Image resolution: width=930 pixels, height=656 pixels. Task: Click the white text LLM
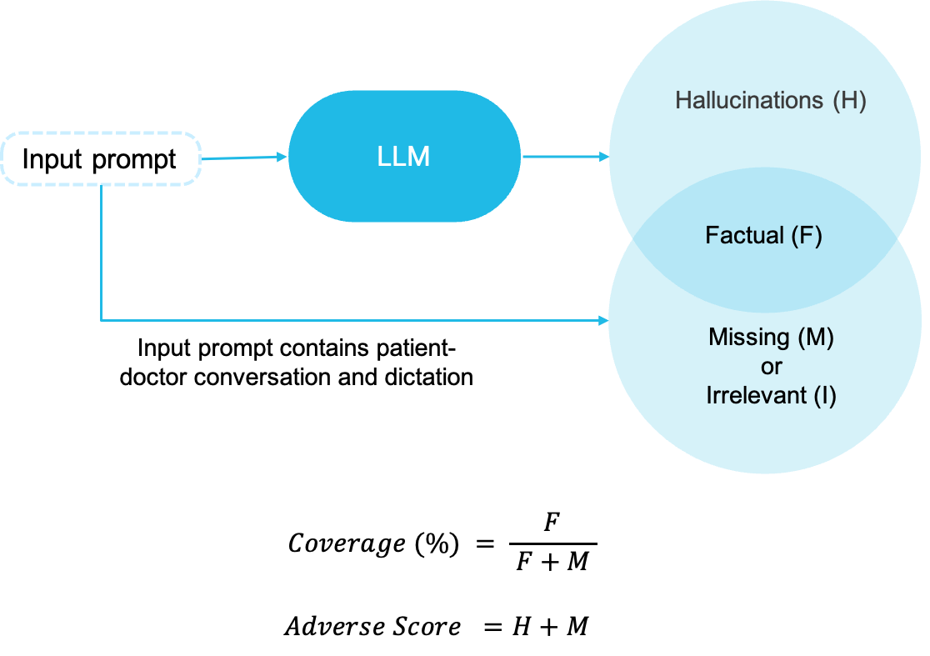pos(403,157)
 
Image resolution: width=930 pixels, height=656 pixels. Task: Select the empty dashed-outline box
pos(101,158)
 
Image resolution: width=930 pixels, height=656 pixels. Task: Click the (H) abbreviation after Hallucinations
pos(849,101)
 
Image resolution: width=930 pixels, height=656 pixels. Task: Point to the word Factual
pos(744,236)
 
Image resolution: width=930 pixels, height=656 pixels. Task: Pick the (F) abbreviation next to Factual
pos(806,236)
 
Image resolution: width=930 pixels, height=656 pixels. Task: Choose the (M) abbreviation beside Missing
pos(815,338)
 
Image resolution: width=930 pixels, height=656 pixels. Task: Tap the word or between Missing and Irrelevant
pos(771,367)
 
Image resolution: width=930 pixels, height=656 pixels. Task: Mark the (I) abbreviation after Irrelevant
pos(824,396)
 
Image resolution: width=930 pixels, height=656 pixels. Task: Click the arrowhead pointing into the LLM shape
pos(281,156)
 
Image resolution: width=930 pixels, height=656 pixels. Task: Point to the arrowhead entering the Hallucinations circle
pos(604,156)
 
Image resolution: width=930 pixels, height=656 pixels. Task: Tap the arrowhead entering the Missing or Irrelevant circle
pos(603,320)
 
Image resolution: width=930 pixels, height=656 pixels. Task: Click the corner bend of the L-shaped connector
pos(102,320)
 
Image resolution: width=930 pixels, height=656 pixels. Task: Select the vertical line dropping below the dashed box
pos(102,250)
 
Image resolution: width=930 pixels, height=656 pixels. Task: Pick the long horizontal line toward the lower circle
pos(350,320)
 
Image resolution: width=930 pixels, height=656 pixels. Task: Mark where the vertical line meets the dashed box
pos(102,184)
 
